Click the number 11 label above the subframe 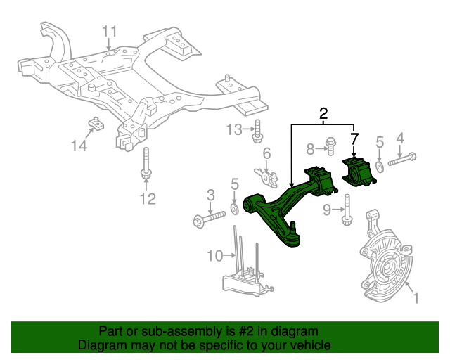point(110,32)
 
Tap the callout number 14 point(79,146)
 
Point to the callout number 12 point(147,199)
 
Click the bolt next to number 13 point(259,131)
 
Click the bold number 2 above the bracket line point(323,113)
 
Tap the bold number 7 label point(354,139)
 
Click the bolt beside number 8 point(331,148)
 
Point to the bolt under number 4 point(401,162)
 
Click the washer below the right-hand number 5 point(380,166)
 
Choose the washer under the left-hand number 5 point(235,209)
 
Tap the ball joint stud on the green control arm point(292,228)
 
